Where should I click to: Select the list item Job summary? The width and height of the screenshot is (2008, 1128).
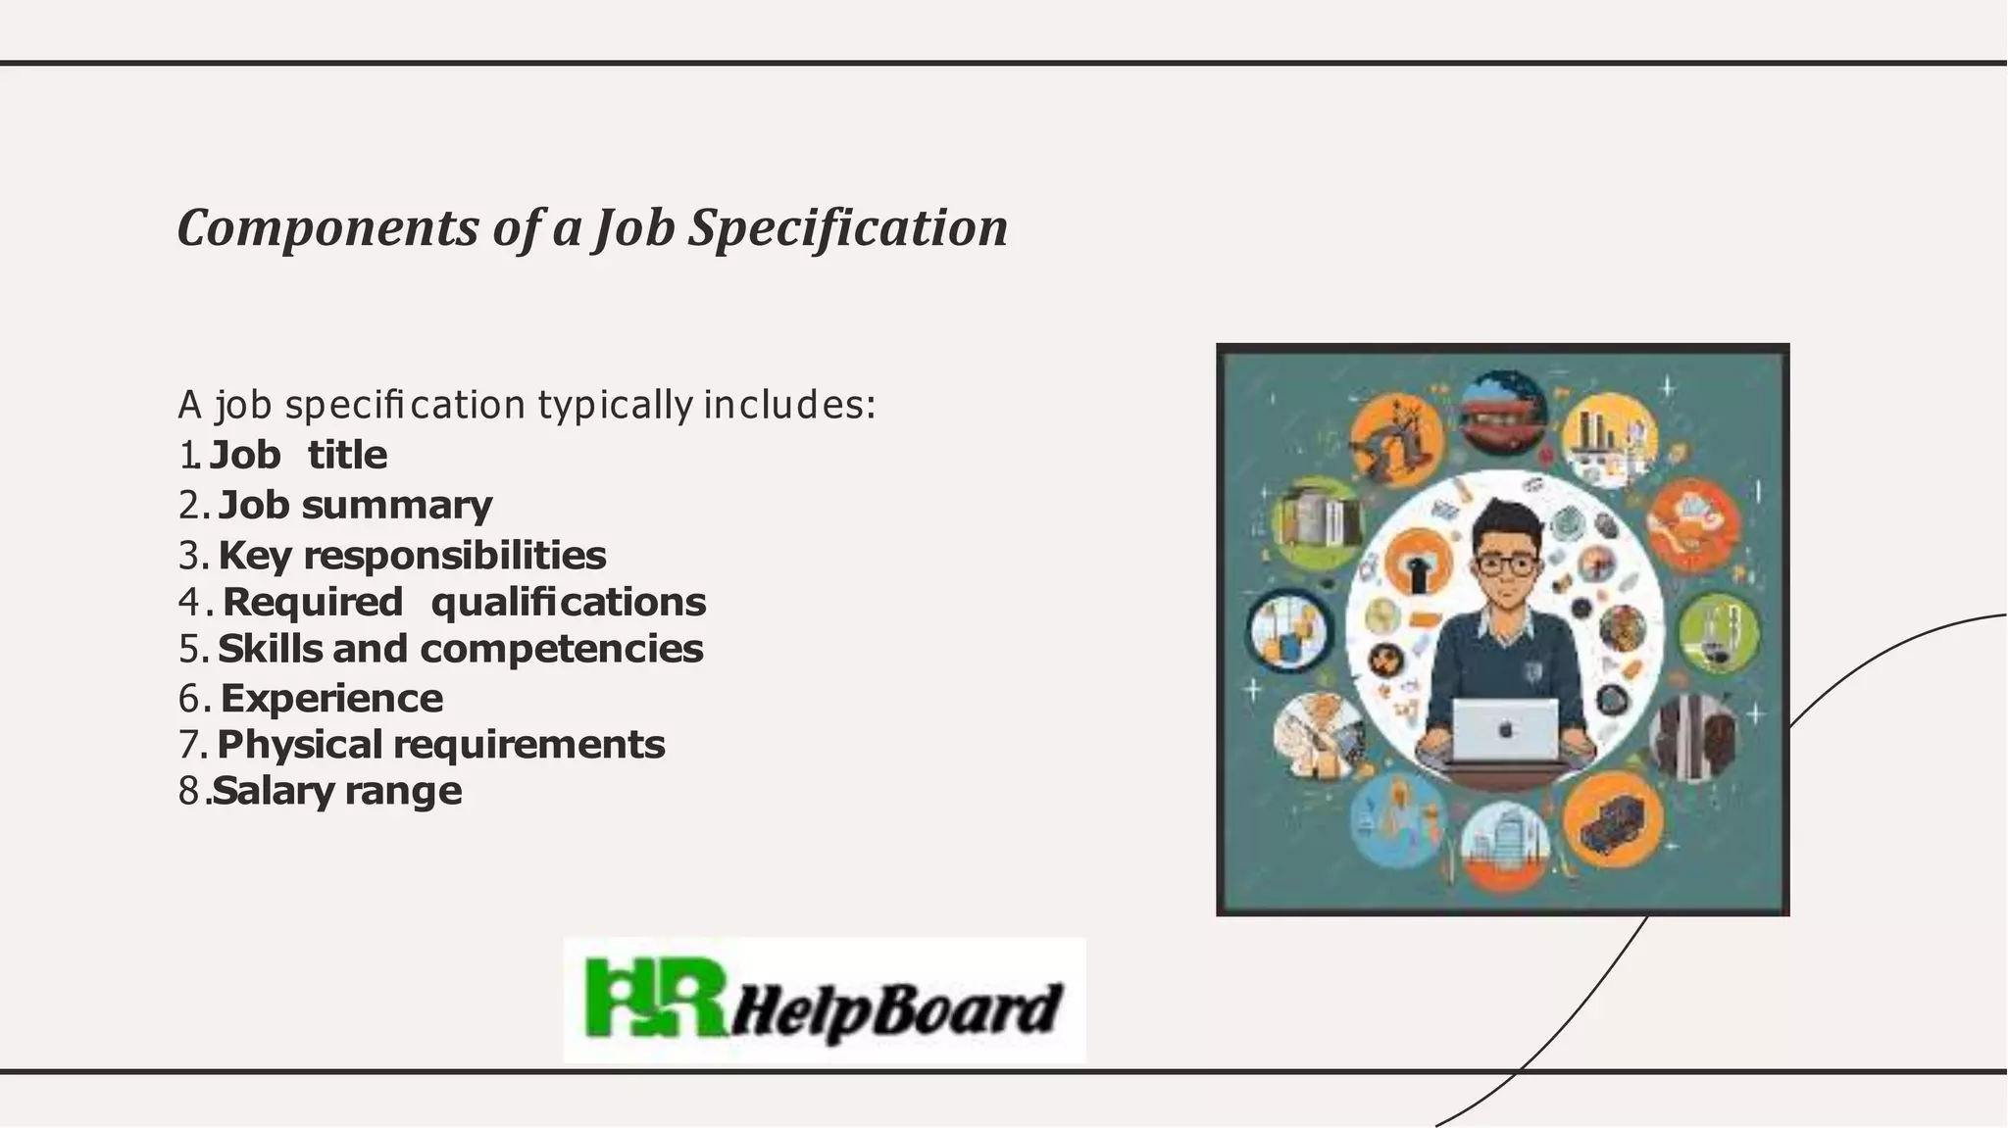[x=355, y=505]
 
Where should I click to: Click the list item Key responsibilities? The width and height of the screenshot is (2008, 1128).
[x=412, y=555]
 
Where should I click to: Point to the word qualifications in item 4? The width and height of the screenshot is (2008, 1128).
[x=569, y=602]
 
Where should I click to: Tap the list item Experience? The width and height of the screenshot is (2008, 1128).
[x=331, y=698]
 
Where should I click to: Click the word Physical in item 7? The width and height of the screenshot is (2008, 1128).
[x=300, y=744]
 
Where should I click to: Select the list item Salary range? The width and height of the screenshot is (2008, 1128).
[x=337, y=791]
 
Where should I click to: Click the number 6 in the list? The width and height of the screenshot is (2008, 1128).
[x=189, y=699]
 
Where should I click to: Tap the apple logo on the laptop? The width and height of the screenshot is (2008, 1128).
[x=1506, y=729]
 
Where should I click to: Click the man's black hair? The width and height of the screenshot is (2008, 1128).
[x=1505, y=519]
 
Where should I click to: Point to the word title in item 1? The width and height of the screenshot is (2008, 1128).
[x=347, y=455]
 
